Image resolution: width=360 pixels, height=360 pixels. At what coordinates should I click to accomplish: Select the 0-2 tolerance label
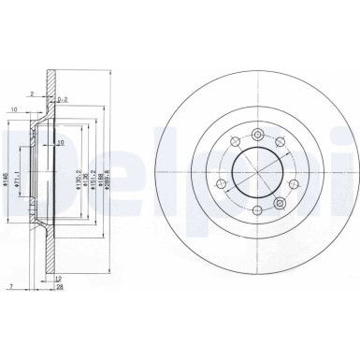(62, 97)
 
